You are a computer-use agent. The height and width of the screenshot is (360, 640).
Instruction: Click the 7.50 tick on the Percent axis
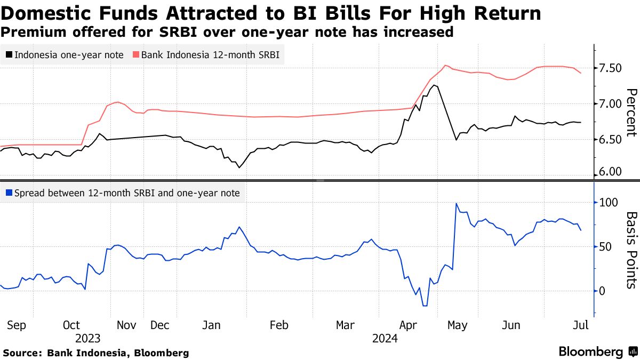(x=611, y=68)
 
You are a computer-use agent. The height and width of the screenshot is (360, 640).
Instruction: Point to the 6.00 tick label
(x=611, y=172)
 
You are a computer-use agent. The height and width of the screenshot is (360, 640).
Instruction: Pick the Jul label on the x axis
(x=580, y=325)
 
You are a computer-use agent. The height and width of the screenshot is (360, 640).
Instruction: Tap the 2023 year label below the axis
(x=88, y=338)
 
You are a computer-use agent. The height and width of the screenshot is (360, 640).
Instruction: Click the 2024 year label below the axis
(x=385, y=338)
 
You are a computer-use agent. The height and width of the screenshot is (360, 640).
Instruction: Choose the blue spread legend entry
(x=123, y=193)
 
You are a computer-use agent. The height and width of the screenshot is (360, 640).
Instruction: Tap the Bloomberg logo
(x=591, y=352)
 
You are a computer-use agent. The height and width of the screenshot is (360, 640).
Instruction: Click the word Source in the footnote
(x=21, y=353)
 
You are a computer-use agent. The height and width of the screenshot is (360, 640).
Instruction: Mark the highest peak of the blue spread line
(x=457, y=203)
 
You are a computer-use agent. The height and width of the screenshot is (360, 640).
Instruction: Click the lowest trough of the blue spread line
(x=425, y=306)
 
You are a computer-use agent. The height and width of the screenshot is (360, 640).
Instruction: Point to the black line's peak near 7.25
(x=435, y=85)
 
